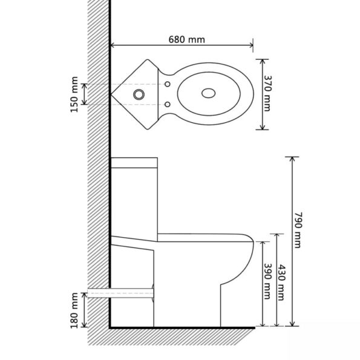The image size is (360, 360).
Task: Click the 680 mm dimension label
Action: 187,40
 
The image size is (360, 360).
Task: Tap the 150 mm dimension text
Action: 74,94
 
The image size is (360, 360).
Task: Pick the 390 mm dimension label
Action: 267,282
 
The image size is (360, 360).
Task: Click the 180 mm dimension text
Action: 74,310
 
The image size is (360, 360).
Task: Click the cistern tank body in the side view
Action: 134,200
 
